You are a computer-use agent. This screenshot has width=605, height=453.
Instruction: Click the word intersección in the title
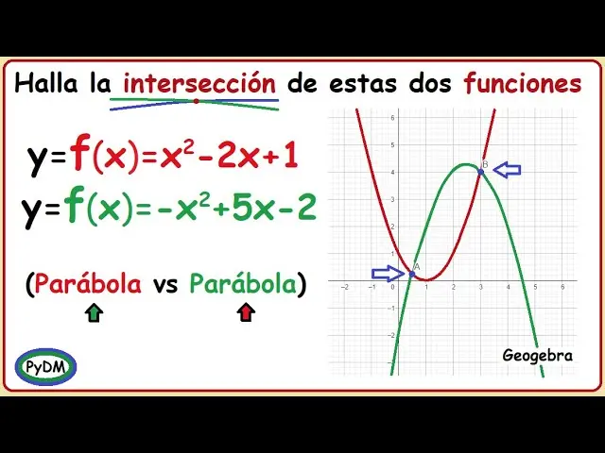[x=199, y=84]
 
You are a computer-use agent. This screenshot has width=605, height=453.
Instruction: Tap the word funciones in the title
[x=523, y=84]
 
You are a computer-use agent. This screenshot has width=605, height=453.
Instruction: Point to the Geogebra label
[x=538, y=355]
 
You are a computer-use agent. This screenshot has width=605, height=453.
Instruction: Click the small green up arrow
[x=94, y=312]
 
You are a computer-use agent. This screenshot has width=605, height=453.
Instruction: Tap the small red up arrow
[x=247, y=312]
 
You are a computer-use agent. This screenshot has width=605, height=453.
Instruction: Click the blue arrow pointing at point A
[x=389, y=274]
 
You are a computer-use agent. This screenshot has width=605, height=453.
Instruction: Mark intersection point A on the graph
[x=411, y=274]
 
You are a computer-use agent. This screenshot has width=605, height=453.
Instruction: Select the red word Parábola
[x=89, y=283]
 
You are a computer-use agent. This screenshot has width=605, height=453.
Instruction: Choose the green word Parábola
[x=243, y=283]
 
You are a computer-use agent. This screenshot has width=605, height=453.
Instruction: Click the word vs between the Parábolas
[x=165, y=284]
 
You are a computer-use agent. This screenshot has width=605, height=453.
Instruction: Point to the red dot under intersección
[x=196, y=101]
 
